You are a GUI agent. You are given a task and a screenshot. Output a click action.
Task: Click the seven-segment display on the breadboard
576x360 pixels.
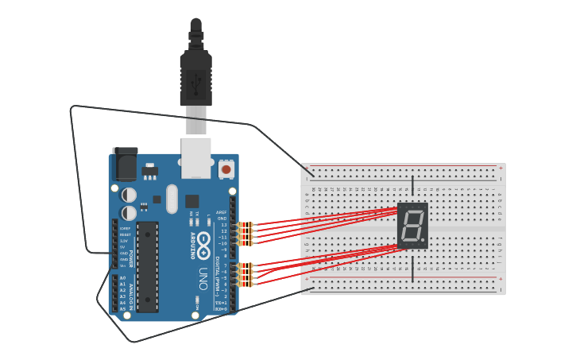pos(412,226)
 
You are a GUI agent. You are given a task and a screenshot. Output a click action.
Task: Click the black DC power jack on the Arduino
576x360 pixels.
pos(125,164)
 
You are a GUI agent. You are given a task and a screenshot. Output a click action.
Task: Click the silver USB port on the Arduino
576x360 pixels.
pos(195,157)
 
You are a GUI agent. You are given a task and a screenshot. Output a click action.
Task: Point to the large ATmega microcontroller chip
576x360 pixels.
pos(147,267)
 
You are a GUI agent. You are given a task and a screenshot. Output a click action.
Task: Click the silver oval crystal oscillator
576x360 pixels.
pos(172,199)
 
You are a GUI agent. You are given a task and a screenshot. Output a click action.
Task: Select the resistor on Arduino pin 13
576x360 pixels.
pos(245,225)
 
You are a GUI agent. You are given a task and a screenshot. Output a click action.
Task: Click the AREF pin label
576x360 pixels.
pos(222,212)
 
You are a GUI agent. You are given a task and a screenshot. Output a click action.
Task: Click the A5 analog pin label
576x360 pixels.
pos(122,308)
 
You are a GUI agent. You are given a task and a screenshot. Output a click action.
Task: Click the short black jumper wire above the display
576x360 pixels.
pos(412,187)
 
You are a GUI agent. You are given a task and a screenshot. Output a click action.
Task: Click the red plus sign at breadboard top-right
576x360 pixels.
pos(500,168)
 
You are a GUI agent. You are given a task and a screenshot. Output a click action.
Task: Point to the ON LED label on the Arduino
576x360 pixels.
pos(196,302)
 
